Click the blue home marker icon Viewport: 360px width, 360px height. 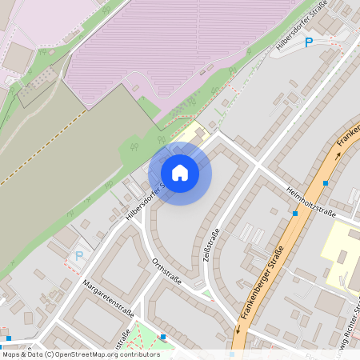[180, 173]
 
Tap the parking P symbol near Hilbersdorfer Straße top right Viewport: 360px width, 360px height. [308, 42]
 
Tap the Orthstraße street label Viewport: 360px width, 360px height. [166, 271]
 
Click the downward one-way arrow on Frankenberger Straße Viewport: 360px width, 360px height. [238, 329]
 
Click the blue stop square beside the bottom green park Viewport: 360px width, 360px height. [163, 337]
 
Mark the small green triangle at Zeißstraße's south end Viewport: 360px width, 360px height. [206, 294]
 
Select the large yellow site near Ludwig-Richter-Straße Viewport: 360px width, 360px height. [341, 248]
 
